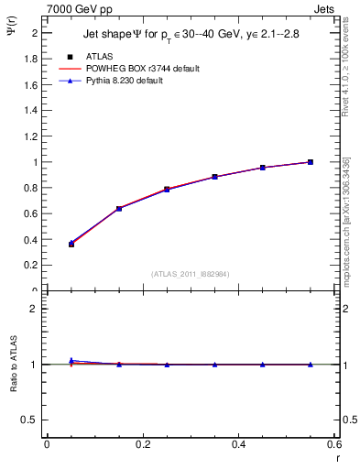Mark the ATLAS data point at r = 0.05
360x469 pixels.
71,244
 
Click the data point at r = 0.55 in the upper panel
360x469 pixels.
311,162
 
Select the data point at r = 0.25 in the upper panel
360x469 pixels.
167,189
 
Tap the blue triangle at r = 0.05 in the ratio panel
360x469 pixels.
71,360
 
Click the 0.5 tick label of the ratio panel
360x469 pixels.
30,420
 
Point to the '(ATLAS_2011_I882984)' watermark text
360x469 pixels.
191,274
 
